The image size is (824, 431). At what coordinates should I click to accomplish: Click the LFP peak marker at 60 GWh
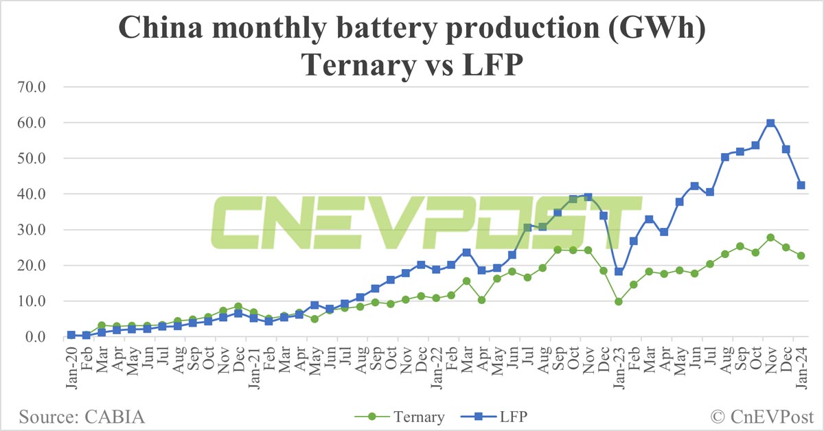pyautogui.click(x=770, y=123)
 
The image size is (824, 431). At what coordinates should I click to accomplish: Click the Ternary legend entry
pyautogui.click(x=420, y=416)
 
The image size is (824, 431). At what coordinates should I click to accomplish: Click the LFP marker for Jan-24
pyautogui.click(x=801, y=185)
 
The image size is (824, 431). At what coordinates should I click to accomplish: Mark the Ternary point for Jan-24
pyautogui.click(x=801, y=255)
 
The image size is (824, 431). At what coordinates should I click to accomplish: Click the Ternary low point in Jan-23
pyautogui.click(x=619, y=301)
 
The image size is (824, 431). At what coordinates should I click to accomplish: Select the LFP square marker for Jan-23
pyautogui.click(x=619, y=272)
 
